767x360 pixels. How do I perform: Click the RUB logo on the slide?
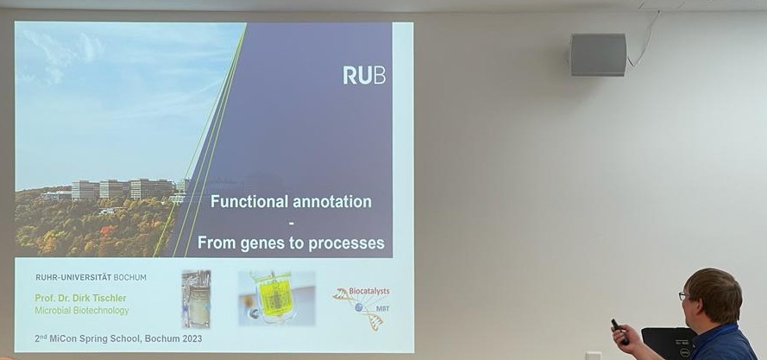363,75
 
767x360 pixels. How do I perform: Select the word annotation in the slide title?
331,202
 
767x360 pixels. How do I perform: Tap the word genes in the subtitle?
267,243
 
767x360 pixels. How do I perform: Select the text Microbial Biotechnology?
82,311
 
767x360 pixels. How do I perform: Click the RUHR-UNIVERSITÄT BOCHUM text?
91,277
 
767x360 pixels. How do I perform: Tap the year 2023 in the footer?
187,339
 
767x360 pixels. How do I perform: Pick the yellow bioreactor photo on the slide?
276,298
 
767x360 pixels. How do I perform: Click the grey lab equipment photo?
196,299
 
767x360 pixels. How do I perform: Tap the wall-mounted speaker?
598,54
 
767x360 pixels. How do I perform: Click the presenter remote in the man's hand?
619,330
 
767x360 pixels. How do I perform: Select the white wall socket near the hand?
593,355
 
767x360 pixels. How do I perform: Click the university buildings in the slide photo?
121,189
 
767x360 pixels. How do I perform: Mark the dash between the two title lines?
291,223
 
